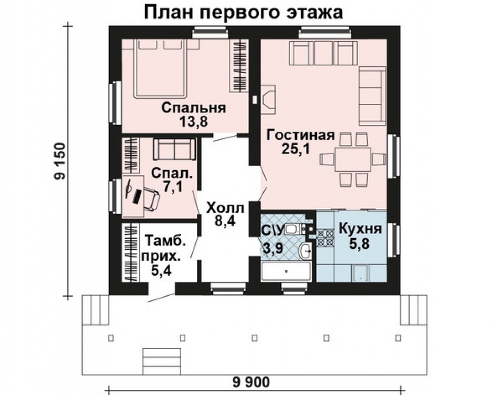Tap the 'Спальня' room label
[193, 108]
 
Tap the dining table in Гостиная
[353, 159]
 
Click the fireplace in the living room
[268, 98]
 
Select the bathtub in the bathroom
[286, 271]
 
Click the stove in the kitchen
[325, 236]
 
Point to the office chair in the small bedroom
[150, 199]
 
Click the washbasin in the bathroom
[306, 252]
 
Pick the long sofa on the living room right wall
[371, 95]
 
